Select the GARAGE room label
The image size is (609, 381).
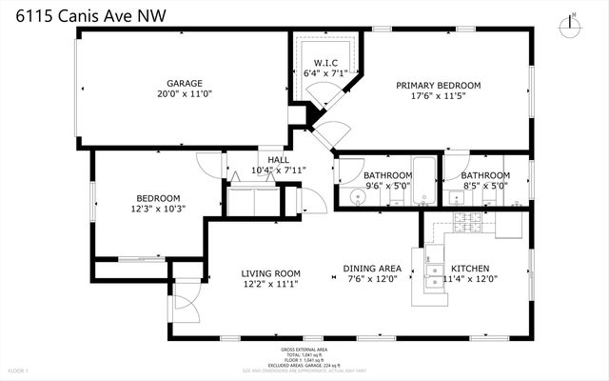click(186, 83)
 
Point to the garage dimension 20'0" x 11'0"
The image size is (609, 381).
click(186, 94)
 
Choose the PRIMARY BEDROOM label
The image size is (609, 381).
click(438, 85)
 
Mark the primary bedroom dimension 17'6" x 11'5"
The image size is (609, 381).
click(438, 96)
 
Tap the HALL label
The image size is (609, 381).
click(278, 159)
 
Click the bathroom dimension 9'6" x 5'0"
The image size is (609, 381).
click(387, 187)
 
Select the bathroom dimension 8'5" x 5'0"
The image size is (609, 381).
click(485, 187)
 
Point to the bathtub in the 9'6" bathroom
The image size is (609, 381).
click(425, 181)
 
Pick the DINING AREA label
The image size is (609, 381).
click(372, 268)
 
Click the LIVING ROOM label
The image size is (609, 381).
click(270, 272)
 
